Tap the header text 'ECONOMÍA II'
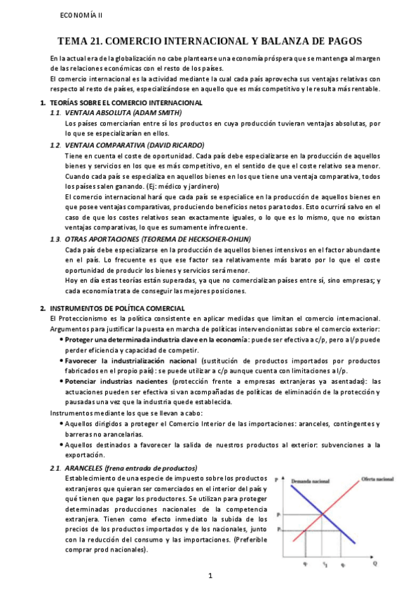pyautogui.click(x=81, y=15)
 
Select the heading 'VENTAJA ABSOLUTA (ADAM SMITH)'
pyautogui.click(x=123, y=112)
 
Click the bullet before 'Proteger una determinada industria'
pyautogui.click(x=62, y=340)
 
